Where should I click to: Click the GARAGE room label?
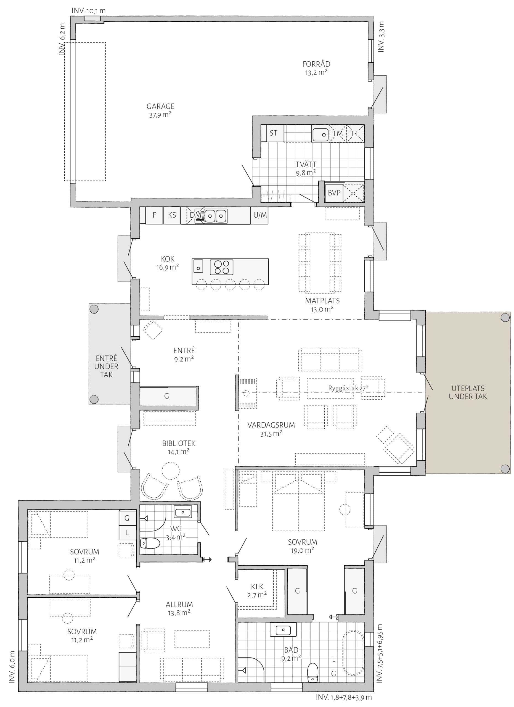pos(160,106)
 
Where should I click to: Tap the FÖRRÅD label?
pos(317,64)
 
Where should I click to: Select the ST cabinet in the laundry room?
pos(273,133)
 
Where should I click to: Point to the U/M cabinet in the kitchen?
pos(259,215)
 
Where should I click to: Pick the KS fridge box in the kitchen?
pos(172,215)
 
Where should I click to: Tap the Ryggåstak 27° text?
pos(348,388)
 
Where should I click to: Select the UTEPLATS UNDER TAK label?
pos(468,392)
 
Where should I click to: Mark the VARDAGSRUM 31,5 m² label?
pos(271,429)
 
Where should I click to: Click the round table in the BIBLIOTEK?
pos(170,471)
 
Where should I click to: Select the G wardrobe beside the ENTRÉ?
pos(169,396)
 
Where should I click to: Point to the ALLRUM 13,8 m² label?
pos(179,609)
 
